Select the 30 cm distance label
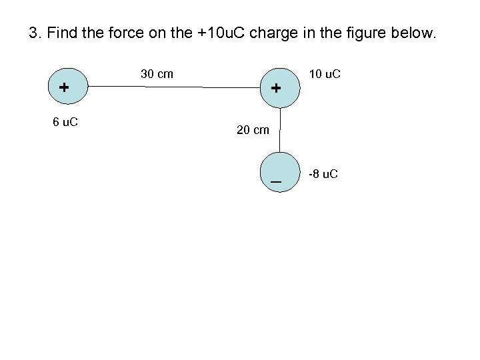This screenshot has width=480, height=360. pos(157,73)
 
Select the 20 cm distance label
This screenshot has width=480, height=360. pos(253,130)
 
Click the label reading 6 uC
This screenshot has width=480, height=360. pos(65,122)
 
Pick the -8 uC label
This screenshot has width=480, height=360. pos(323,174)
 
